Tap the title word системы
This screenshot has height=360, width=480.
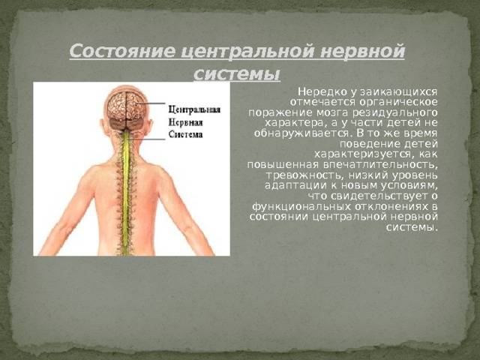pos(237,73)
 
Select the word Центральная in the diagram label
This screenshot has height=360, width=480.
pos(194,110)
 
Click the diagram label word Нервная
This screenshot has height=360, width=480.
pos(185,122)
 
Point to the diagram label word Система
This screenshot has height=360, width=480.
pos(185,135)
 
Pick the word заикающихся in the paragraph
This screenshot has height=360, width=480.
pos(398,91)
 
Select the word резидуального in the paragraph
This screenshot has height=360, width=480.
pos(394,112)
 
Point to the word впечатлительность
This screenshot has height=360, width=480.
pos(380,165)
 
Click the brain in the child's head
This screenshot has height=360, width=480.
pos(126,106)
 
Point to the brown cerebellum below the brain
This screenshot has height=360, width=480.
pos(127,124)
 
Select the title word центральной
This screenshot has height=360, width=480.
pos(247,51)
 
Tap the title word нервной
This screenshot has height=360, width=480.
pos(363,51)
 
